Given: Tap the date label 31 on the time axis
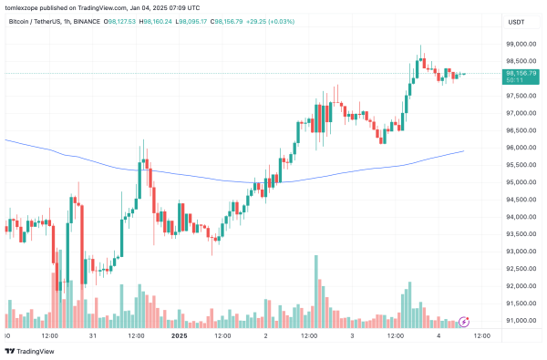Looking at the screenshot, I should point(94,335).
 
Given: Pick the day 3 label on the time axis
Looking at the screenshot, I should point(351,335).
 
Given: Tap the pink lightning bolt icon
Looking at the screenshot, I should point(465,321).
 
